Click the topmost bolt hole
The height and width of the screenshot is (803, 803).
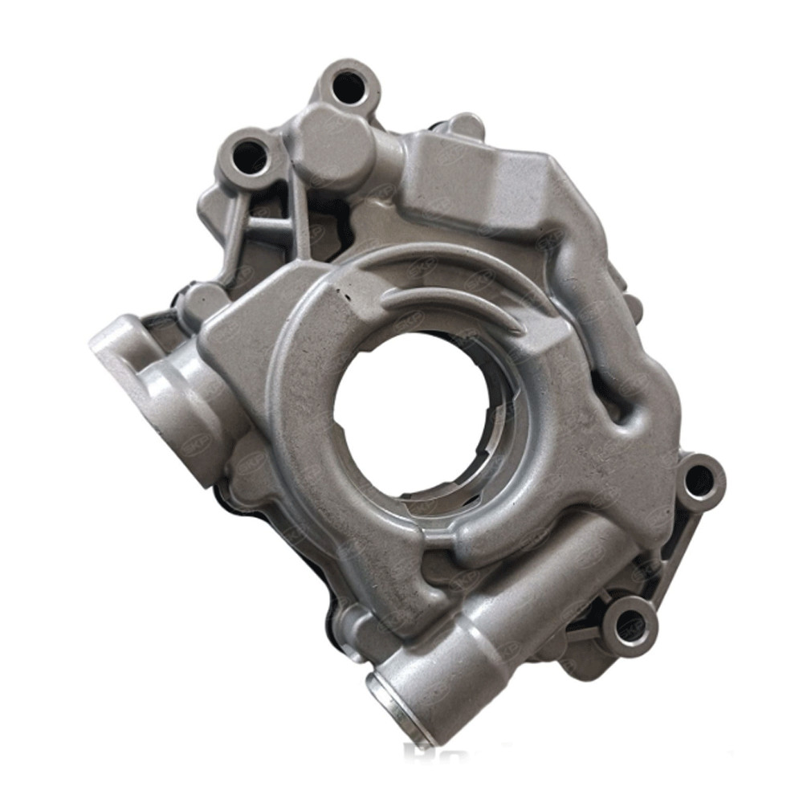click(347, 86)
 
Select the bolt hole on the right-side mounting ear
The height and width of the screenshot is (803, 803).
click(699, 479)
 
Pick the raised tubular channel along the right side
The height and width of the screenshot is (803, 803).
click(610, 321)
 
